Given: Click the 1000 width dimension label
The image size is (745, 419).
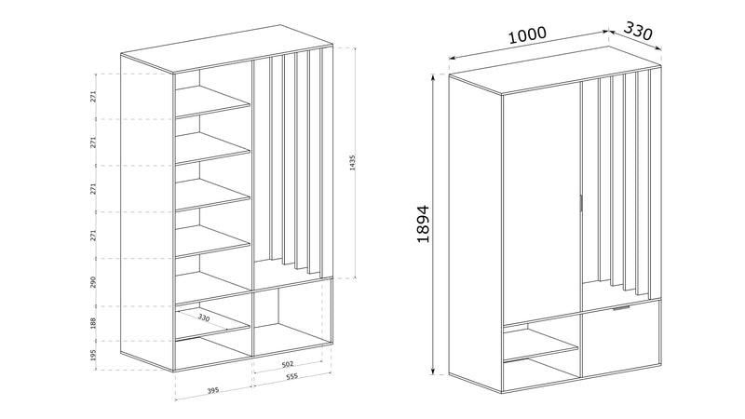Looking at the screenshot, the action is coord(527,34).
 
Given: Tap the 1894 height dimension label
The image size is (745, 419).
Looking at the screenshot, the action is coord(423,223).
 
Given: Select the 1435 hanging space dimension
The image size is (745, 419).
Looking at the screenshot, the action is coord(352,162).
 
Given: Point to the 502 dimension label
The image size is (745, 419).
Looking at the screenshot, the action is coord(288,364).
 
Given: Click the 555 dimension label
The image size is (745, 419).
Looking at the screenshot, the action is coord(291,376).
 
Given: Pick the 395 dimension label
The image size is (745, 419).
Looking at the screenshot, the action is coord(213,390).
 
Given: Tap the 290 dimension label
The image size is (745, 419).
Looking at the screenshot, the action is coord(94,282).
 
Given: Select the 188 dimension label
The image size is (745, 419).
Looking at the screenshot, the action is coord(94,323).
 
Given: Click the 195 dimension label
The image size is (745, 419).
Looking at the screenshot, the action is coord(94,355).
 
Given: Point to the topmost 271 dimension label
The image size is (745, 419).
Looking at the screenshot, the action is coord(94,97).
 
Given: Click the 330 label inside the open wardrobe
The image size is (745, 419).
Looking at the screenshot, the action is coord(204,318).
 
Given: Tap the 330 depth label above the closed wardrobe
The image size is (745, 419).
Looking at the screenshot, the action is coord(638,31).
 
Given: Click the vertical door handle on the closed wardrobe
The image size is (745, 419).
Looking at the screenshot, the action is coord(580,202).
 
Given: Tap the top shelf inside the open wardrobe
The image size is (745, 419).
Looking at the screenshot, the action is coord(212,101).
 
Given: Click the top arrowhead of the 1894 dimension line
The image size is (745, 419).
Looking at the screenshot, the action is coord(433,77).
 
